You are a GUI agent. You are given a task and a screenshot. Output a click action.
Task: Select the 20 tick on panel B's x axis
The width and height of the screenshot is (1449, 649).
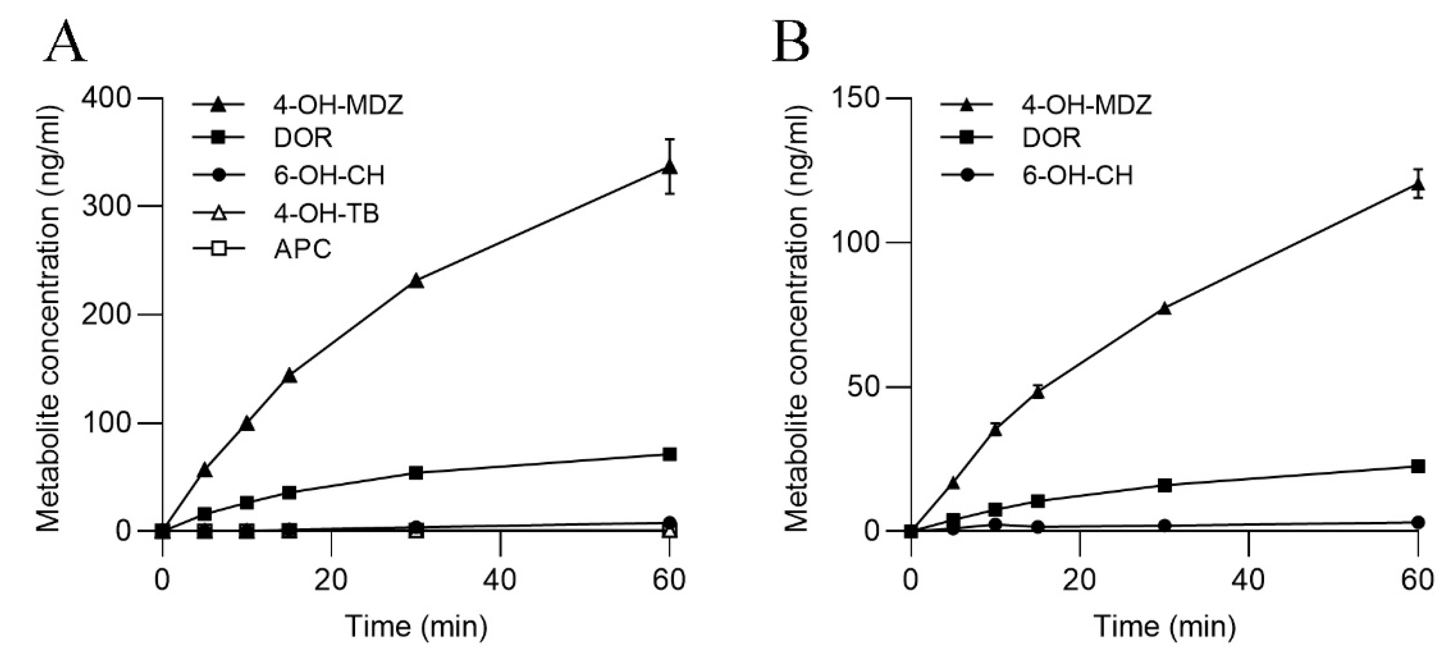(x=1080, y=579)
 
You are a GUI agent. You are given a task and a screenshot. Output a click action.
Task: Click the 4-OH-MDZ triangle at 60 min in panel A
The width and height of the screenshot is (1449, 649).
(x=669, y=167)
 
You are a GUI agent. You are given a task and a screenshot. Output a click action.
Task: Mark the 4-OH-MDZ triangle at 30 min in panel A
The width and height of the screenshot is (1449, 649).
(x=416, y=280)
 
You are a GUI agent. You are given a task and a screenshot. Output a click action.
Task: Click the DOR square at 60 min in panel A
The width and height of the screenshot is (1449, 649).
(x=669, y=454)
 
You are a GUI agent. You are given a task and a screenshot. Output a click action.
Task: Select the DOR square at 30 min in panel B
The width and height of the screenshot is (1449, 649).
(x=1165, y=485)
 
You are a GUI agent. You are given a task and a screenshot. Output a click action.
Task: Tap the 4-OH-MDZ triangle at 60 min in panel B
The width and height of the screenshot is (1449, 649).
(x=1418, y=185)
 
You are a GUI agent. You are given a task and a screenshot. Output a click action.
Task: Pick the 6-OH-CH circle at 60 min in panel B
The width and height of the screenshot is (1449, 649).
(x=1418, y=522)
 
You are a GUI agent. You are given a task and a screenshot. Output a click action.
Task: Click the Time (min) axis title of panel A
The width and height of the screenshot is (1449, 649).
(x=416, y=626)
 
